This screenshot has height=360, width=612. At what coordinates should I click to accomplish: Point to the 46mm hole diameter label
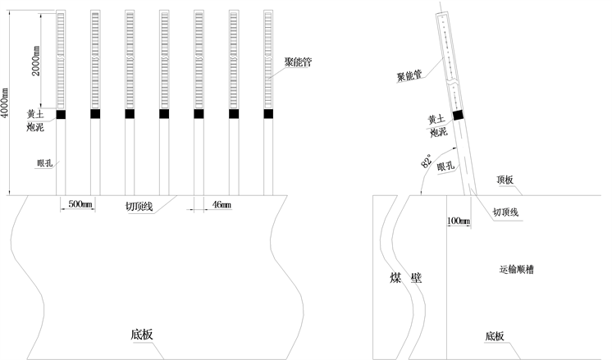[221, 203]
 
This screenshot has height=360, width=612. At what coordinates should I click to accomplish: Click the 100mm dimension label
[459, 221]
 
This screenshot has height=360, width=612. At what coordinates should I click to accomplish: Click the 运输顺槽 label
[521, 269]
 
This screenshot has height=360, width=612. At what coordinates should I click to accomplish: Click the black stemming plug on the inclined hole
[458, 115]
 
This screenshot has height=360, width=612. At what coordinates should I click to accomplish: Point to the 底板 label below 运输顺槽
[495, 336]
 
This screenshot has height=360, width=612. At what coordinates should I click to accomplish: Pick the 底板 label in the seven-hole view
[142, 335]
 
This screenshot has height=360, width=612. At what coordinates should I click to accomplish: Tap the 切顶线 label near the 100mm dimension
[505, 212]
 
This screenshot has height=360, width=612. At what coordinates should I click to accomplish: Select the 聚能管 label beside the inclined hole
[409, 76]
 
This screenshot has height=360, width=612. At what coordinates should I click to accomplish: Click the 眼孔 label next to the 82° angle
[447, 167]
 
